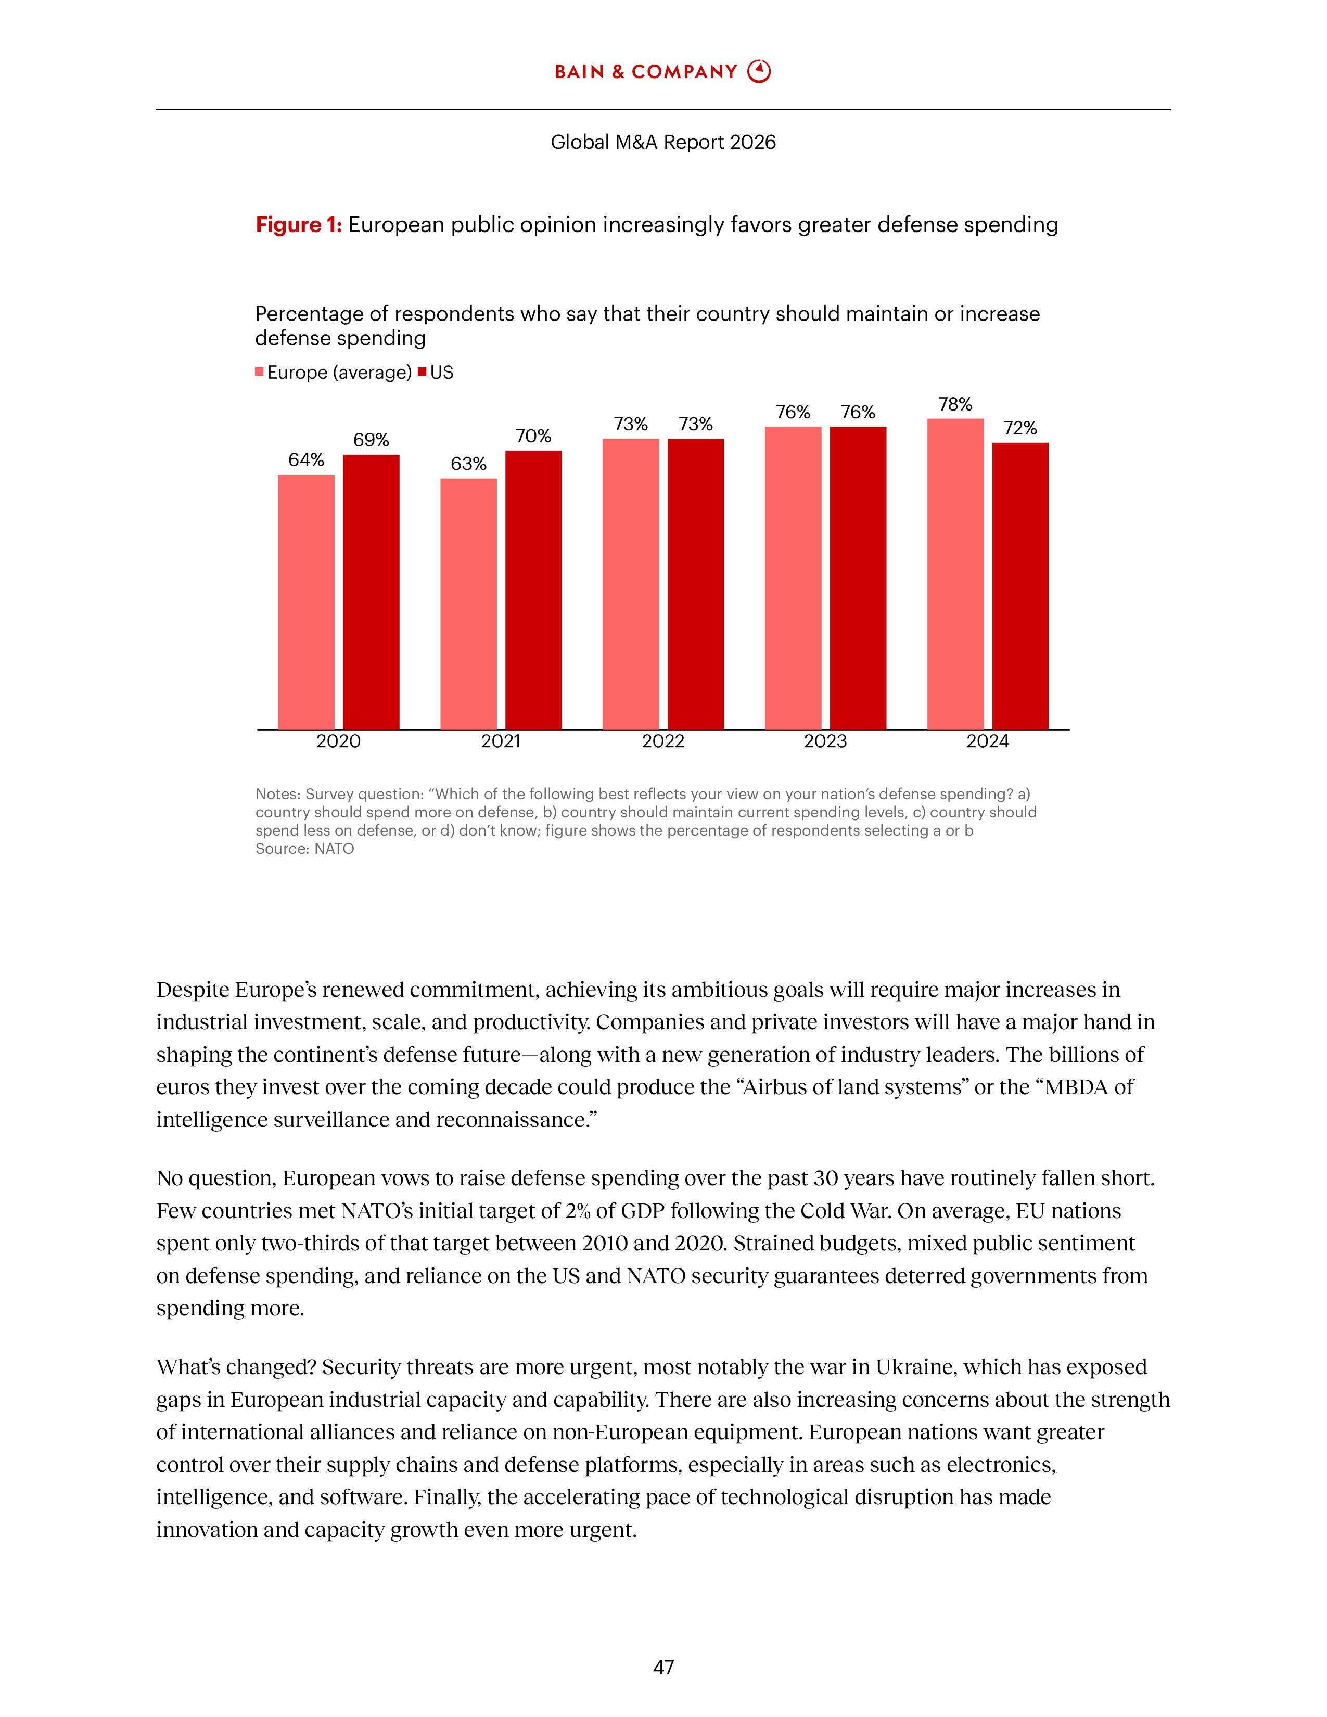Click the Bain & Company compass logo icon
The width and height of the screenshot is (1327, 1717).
[x=759, y=72]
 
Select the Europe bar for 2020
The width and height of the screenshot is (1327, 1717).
[x=306, y=601]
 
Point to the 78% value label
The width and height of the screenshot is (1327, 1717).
[x=955, y=404]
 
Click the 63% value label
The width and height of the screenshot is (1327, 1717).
[x=468, y=464]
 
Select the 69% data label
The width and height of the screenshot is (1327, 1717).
[x=371, y=440]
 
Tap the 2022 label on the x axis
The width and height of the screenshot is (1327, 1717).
[x=662, y=741]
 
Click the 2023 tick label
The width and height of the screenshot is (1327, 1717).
[x=825, y=741]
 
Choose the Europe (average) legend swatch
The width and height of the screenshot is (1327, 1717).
[x=260, y=373]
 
